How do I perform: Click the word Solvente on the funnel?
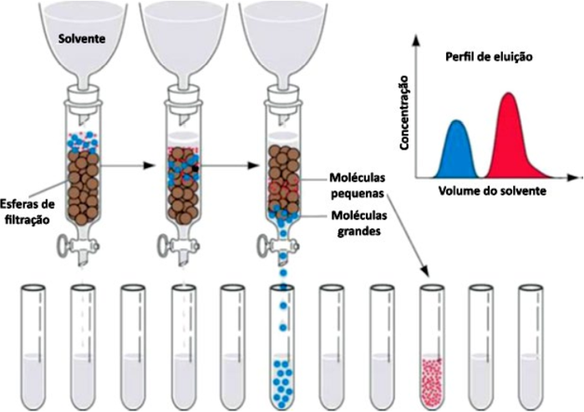[81, 38]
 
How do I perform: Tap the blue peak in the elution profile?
[457, 150]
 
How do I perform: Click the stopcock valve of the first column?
[69, 247]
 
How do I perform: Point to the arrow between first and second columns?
[135, 165]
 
